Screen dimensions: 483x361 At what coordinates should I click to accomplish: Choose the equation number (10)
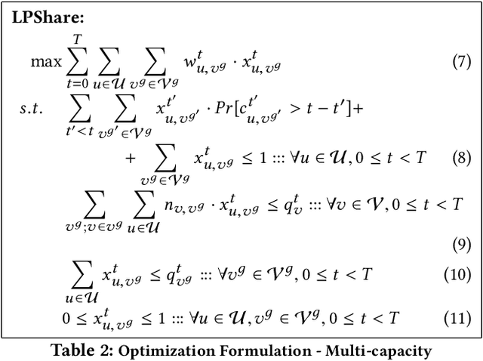tap(457, 275)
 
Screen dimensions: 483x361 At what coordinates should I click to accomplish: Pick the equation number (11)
tap(457, 318)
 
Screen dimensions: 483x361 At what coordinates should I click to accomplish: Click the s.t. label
tap(31, 108)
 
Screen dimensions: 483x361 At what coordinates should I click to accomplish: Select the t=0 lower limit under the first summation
tap(75, 85)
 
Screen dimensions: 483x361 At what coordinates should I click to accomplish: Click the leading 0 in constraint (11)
tap(67, 318)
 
